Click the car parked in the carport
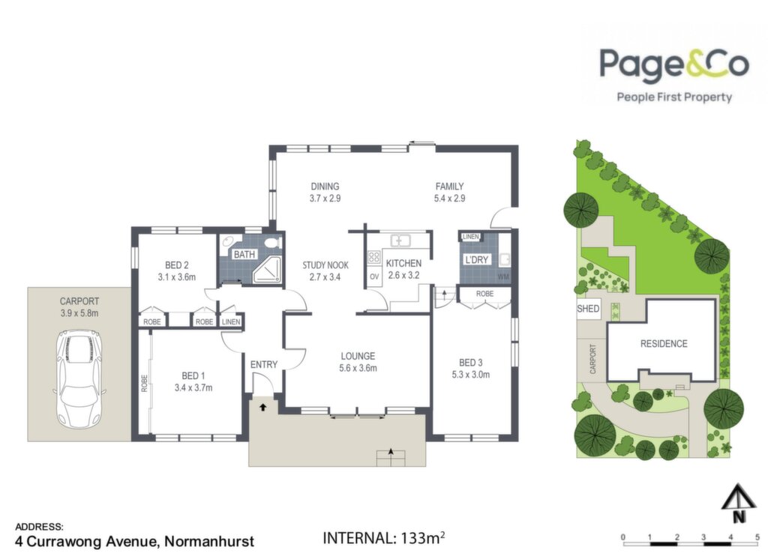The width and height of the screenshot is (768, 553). coord(79,378)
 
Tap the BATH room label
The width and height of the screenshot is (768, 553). coord(244,255)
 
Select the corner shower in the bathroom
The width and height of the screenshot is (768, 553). coord(267,269)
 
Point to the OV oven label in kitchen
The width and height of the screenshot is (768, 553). coord(375,277)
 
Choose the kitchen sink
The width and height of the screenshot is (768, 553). coord(400,241)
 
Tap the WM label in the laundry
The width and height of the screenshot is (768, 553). coord(503,277)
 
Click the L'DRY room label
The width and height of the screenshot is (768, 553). coord(477,259)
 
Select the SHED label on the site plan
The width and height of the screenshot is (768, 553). coord(588,309)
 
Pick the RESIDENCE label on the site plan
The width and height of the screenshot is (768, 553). coord(664,343)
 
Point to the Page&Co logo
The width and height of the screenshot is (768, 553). coord(674,74)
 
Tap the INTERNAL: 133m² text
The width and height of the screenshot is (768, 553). coord(384,538)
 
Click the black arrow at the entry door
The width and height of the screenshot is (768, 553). coord(263,407)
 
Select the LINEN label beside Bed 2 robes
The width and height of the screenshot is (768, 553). coord(231,321)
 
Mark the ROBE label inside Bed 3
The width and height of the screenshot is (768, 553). coord(485,294)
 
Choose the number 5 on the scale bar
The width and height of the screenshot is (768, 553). coord(757,537)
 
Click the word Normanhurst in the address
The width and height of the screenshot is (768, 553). coord(209,542)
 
